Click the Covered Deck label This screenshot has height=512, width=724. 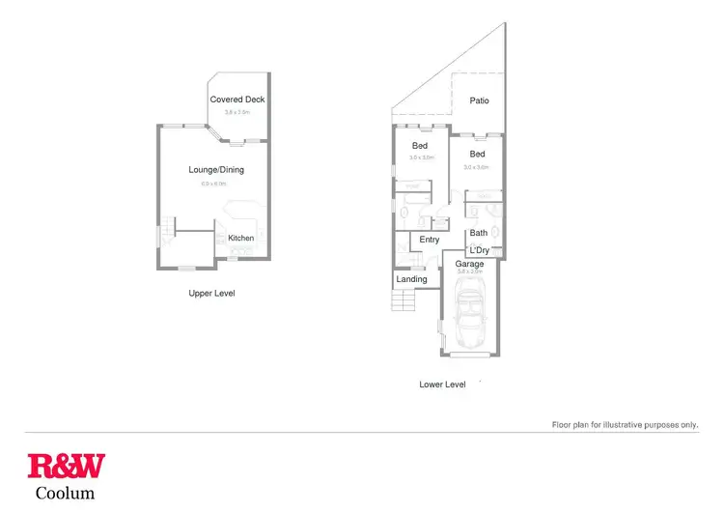237,100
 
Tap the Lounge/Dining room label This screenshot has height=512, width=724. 216,170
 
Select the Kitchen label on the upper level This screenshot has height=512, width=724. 241,238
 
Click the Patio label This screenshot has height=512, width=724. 479,100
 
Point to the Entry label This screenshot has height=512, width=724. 430,240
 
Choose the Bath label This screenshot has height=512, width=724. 479,233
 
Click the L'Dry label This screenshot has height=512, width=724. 480,251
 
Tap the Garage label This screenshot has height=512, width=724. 469,264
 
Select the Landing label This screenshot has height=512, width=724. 411,280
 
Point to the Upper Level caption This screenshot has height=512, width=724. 212,293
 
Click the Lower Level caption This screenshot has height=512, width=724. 442,384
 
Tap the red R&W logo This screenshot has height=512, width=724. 67,468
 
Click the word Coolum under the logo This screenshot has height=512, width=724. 66,494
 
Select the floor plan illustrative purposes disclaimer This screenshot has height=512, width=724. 625,424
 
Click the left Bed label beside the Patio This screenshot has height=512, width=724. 420,146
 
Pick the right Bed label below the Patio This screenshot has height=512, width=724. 478,155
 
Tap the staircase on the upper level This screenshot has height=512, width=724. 169,232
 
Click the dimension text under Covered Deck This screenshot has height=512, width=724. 237,112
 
